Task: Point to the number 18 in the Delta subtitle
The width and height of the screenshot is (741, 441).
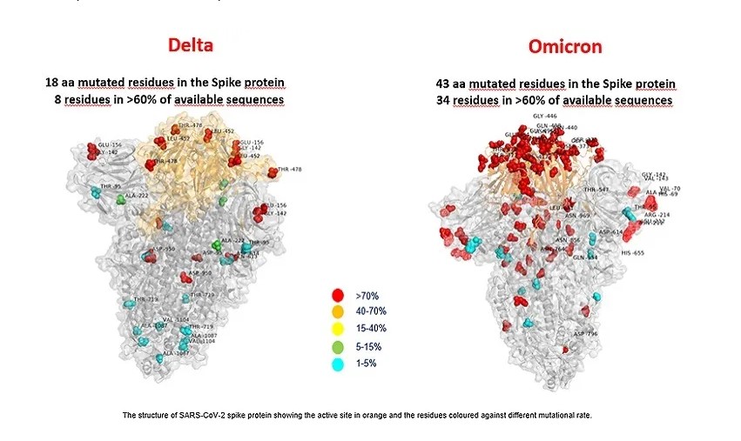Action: (x=52, y=84)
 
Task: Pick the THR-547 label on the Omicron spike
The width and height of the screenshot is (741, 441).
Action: (x=596, y=190)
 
